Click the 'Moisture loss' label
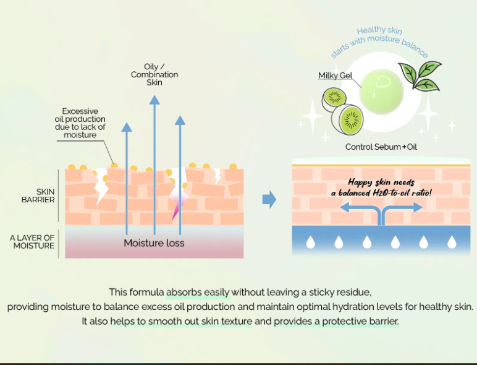pos(154,243)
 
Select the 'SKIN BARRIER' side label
pos(38,195)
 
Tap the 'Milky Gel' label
pos(334,75)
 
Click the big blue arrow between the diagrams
pos(269,199)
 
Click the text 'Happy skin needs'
pos(380,182)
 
